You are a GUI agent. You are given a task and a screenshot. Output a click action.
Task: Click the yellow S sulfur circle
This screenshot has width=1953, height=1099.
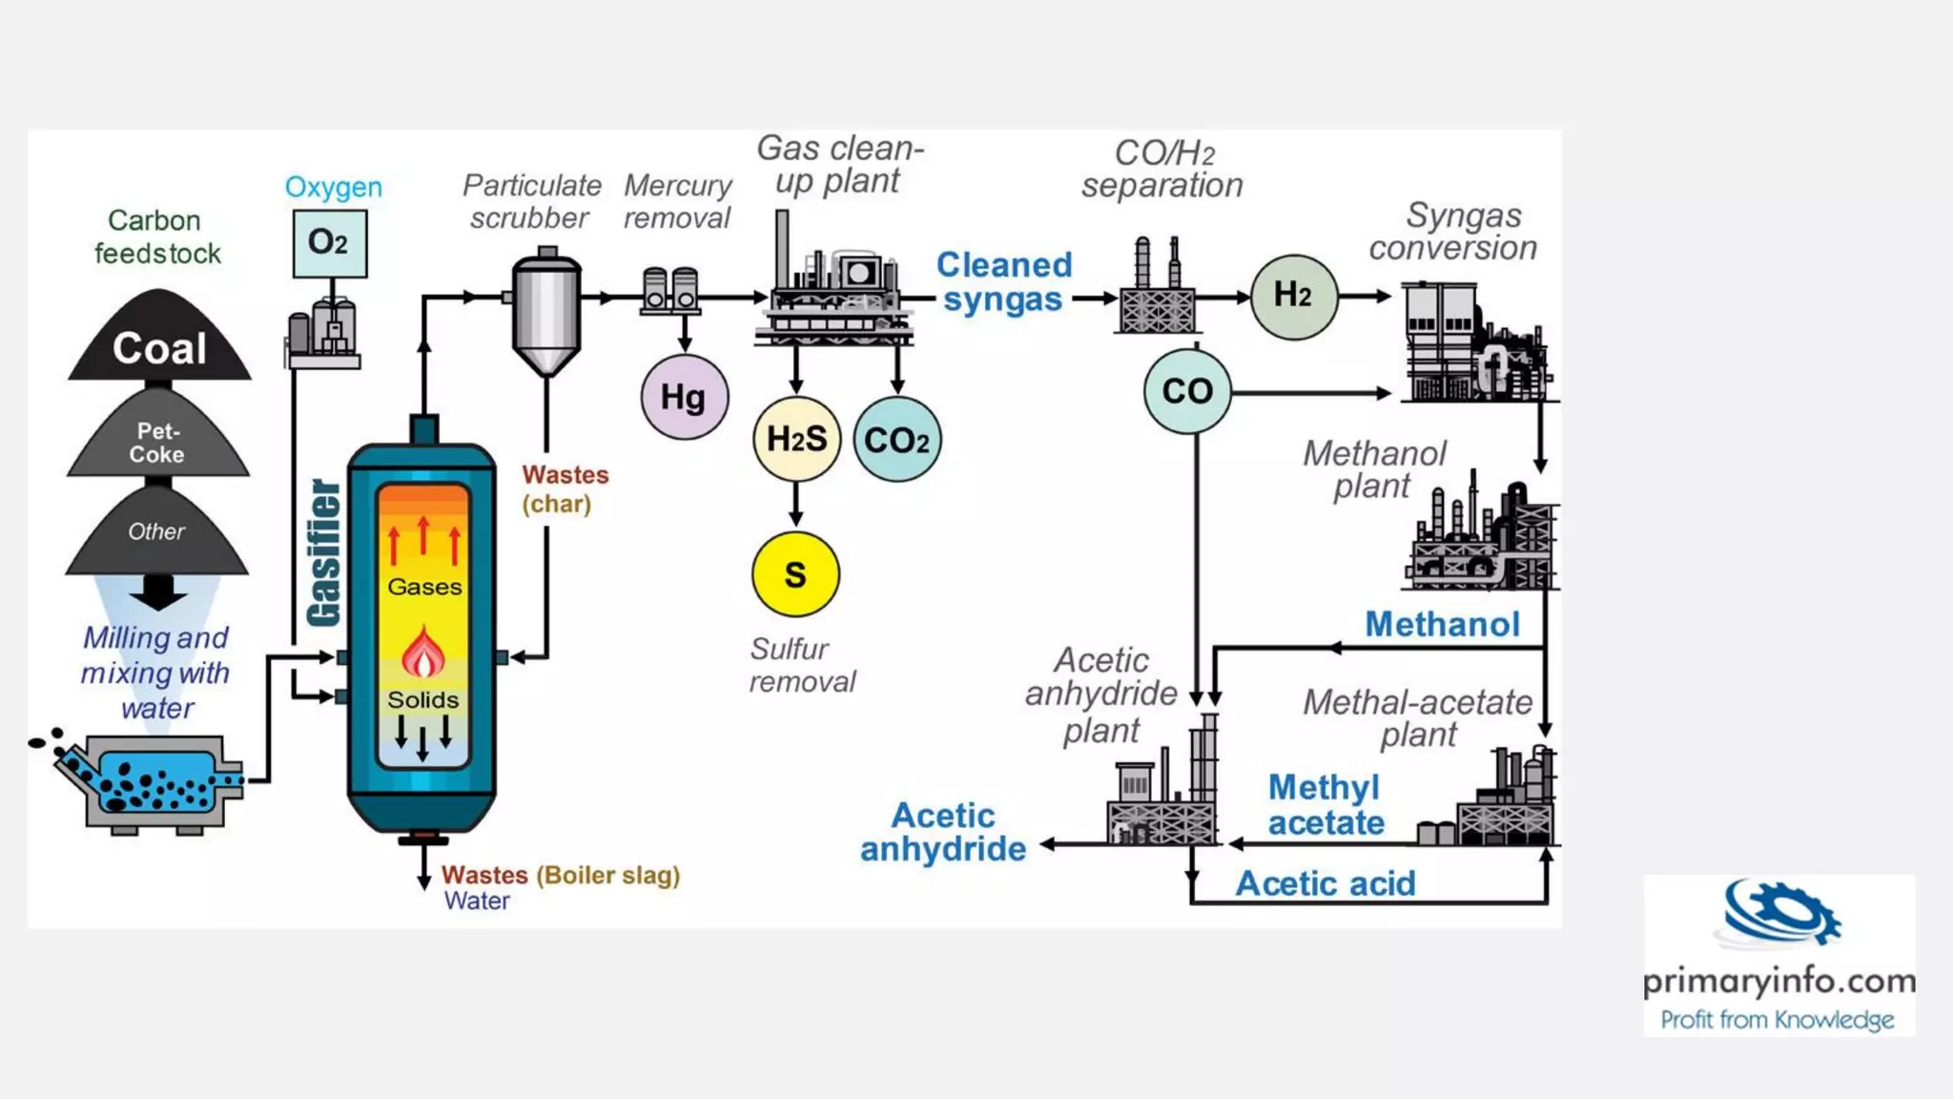tap(795, 574)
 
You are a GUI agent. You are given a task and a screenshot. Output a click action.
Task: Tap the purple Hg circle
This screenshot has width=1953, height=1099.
tap(684, 397)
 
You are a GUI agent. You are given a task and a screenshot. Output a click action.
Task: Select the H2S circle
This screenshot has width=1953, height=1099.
tap(796, 439)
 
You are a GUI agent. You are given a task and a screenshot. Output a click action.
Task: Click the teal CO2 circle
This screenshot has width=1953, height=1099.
tap(896, 440)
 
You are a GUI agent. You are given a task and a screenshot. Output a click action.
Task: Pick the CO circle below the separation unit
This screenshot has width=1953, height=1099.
tap(1187, 391)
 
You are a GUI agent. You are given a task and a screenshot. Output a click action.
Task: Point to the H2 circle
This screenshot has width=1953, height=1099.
tap(1293, 296)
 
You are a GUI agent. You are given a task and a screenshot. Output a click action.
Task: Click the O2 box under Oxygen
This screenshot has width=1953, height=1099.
tap(329, 243)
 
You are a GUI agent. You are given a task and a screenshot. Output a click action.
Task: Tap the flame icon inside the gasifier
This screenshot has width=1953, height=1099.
tap(423, 653)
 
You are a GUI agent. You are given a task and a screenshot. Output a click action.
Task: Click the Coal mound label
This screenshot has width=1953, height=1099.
tap(159, 348)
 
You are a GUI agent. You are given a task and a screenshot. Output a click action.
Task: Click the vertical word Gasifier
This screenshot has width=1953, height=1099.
tap(324, 553)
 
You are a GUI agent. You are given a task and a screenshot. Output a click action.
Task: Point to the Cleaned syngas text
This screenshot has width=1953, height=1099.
tap(1004, 281)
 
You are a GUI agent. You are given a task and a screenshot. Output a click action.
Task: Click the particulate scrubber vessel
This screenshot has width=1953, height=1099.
tap(546, 315)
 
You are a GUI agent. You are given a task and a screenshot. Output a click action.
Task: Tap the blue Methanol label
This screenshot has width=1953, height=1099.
tap(1442, 624)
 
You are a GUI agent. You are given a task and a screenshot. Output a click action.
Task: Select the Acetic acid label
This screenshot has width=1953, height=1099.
tap(1326, 883)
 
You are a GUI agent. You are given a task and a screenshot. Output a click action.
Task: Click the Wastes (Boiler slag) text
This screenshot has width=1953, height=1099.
tap(561, 875)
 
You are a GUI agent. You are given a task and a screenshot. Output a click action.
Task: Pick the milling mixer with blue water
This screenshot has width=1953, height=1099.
tap(153, 780)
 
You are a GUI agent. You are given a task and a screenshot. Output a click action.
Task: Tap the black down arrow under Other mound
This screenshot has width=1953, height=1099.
tap(158, 592)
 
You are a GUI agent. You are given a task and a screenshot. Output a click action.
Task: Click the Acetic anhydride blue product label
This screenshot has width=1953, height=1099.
tap(943, 832)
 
